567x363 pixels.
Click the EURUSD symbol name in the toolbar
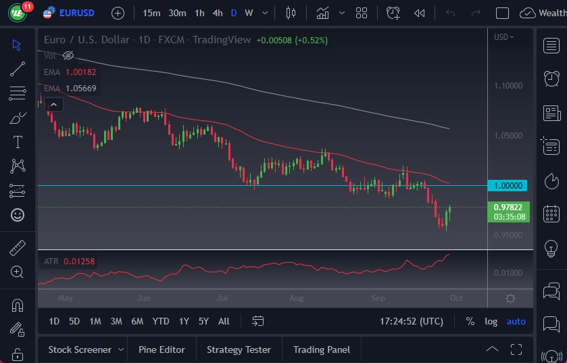click(76, 13)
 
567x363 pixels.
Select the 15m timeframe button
click(151, 13)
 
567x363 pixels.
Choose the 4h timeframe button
click(217, 13)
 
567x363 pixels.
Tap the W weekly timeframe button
click(249, 13)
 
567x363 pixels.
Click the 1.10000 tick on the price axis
click(508, 86)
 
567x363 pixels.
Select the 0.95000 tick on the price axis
click(508, 235)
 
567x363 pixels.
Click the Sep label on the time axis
click(378, 297)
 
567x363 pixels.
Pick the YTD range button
click(161, 321)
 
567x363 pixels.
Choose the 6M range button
click(137, 321)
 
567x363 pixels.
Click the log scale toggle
click(491, 321)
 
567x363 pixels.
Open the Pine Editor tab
click(162, 349)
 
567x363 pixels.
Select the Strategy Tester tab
click(239, 349)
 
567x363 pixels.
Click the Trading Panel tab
click(321, 349)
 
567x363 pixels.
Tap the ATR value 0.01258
click(80, 262)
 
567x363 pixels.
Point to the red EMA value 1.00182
click(81, 72)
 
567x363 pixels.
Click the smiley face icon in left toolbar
click(18, 214)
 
